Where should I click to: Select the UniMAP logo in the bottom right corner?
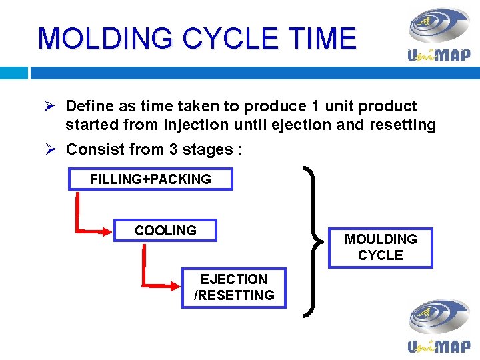coord(438,326)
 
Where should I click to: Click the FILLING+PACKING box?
coord(151,179)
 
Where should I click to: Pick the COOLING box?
coord(165,231)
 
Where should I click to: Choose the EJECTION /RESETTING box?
coord(234,287)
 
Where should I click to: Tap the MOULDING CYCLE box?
coord(380,247)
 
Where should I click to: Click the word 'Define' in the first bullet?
coord(89,106)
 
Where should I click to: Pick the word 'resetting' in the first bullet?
coord(405,125)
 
